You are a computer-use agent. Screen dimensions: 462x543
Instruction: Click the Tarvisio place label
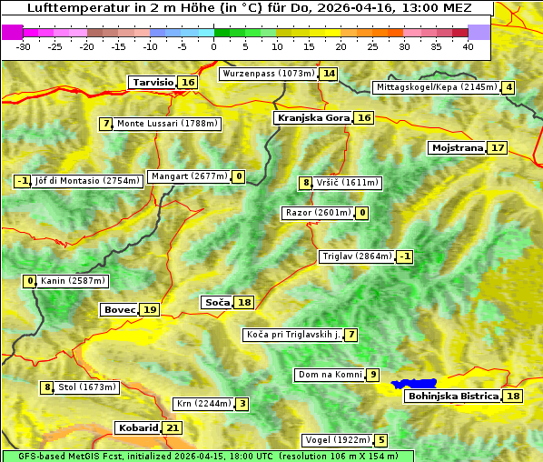153,83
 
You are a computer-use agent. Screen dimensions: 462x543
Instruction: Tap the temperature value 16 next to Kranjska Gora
364,118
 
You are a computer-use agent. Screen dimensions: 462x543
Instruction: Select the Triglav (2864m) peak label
357,256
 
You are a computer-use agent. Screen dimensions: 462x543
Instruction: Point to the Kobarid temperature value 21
173,428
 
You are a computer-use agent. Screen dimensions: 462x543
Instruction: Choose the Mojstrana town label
457,148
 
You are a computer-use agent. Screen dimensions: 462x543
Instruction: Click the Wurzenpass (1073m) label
269,74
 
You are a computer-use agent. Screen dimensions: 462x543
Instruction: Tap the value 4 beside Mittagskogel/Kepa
509,87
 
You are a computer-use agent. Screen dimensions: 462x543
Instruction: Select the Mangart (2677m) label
189,176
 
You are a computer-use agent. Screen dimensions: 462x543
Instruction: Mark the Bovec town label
119,310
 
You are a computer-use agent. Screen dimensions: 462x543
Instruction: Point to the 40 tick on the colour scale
468,46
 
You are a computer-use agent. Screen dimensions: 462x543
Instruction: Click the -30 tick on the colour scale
24,46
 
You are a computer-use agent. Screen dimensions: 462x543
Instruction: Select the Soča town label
216,302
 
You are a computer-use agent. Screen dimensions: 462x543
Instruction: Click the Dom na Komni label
330,375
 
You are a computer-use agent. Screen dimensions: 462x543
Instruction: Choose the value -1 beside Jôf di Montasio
23,181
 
